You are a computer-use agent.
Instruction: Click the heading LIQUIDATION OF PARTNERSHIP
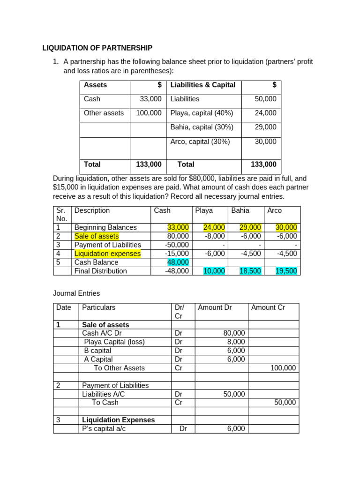pyautogui.click(x=97, y=48)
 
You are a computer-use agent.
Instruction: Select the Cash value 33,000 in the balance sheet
pyautogui.click(x=150, y=99)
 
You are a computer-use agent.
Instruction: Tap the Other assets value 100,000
pyautogui.click(x=149, y=113)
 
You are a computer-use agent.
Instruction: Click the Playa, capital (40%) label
pyautogui.click(x=202, y=113)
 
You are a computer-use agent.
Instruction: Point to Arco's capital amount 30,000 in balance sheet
pyautogui.click(x=265, y=141)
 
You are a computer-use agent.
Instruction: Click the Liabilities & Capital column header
pyautogui.click(x=203, y=85)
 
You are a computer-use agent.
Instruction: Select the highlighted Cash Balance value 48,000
pyautogui.click(x=178, y=262)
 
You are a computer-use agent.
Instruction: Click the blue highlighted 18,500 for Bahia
pyautogui.click(x=250, y=271)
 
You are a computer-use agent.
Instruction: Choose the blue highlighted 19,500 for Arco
pyautogui.click(x=286, y=271)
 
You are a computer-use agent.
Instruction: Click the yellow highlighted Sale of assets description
pyautogui.click(x=97, y=236)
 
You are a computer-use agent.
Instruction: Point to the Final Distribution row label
pyautogui.click(x=101, y=271)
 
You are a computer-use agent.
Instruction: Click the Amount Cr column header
pyautogui.click(x=268, y=307)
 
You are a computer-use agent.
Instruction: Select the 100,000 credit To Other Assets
pyautogui.click(x=283, y=368)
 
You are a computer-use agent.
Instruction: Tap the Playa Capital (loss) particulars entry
pyautogui.click(x=114, y=342)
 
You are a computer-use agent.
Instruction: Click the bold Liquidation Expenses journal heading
pyautogui.click(x=118, y=420)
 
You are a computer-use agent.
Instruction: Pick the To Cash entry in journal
pyautogui.click(x=105, y=402)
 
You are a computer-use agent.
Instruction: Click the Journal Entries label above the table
pyautogui.click(x=76, y=293)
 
